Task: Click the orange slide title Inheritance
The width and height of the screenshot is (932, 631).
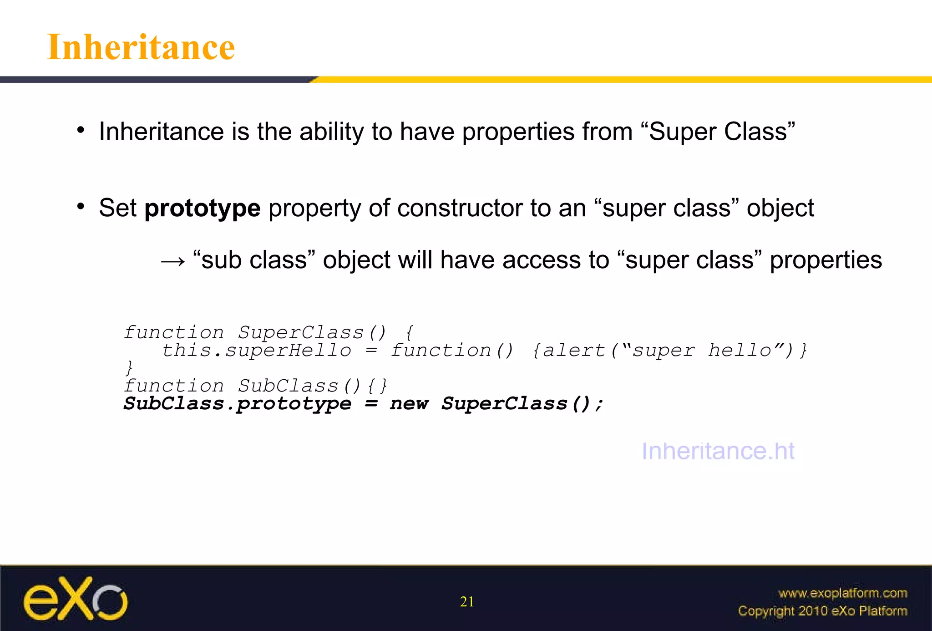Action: pos(141,47)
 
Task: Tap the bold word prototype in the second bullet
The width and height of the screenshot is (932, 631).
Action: pos(203,209)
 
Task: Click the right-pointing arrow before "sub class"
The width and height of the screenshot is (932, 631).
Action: pos(173,261)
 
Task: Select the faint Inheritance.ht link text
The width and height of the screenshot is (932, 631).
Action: pos(718,451)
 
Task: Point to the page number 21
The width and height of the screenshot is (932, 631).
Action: pos(467,602)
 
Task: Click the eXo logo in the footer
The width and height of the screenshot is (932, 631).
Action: pos(76,599)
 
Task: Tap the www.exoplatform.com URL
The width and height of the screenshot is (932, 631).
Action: pos(842,593)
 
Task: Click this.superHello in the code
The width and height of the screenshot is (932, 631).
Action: pos(257,351)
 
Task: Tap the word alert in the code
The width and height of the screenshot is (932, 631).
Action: pos(574,351)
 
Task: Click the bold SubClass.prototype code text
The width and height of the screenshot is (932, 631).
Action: pos(238,404)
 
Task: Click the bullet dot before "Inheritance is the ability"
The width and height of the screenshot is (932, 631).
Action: pos(81,131)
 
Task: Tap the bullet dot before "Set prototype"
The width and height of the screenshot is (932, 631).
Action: pos(81,207)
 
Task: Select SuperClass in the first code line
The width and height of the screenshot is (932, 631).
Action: pos(301,333)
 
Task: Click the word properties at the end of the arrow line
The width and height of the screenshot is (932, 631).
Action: pos(826,260)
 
